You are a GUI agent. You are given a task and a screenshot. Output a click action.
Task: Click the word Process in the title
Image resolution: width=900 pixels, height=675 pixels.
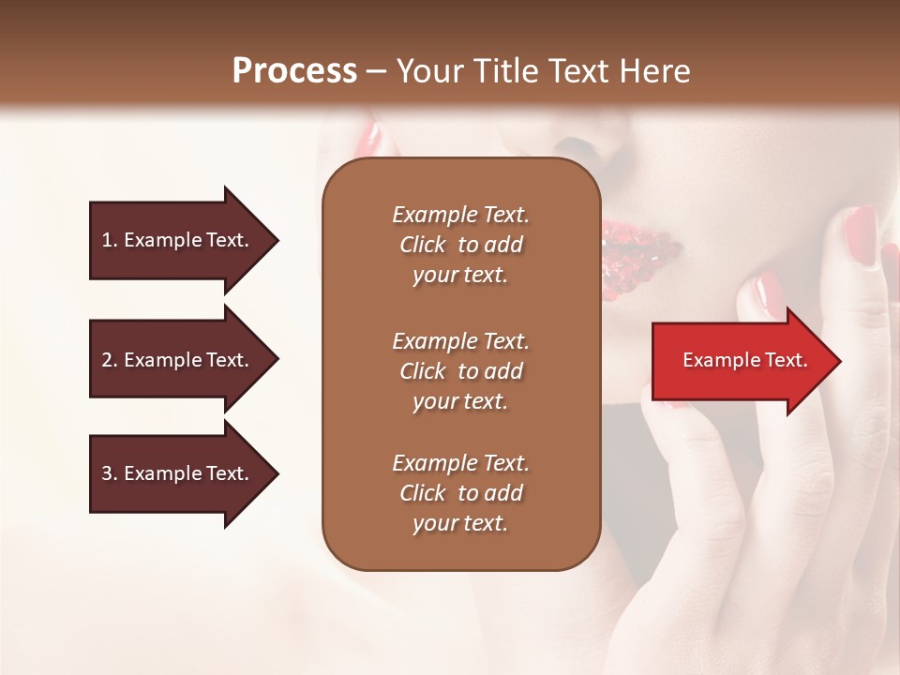[x=294, y=71]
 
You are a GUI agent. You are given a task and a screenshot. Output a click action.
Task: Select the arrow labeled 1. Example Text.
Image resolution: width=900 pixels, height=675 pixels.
[x=178, y=240]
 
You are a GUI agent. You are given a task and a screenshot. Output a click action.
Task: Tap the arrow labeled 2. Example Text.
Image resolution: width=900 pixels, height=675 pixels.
[x=178, y=360]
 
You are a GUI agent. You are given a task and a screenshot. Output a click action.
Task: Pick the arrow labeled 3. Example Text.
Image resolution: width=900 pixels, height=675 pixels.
[x=178, y=473]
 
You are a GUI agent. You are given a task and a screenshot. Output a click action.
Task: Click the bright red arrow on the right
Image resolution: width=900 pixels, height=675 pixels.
[x=741, y=361]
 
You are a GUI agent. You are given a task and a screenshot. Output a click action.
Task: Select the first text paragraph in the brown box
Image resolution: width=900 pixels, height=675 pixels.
[x=460, y=245]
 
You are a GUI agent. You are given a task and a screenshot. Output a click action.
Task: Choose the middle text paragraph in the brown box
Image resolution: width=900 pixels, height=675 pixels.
[x=460, y=371]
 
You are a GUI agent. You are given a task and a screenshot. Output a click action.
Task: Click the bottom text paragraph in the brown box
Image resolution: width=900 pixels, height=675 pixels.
[x=460, y=493]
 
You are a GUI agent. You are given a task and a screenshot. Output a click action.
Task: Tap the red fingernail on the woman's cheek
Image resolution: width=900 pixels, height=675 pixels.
[x=862, y=234]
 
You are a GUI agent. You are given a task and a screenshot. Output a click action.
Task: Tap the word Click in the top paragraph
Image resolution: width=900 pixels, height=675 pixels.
[x=423, y=245]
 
